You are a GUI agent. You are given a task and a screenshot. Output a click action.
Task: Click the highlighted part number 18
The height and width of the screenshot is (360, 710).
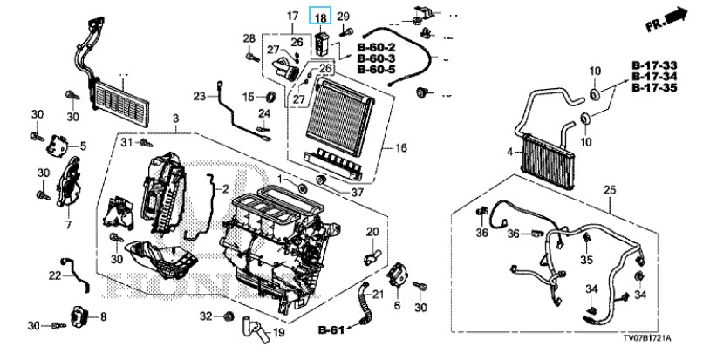click(x=321, y=17)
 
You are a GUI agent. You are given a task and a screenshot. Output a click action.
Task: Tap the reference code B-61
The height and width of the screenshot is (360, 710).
click(x=331, y=329)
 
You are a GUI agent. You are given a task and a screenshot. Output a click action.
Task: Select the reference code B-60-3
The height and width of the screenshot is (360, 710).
click(x=376, y=58)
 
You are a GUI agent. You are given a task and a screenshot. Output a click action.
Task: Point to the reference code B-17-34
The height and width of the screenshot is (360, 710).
click(x=655, y=77)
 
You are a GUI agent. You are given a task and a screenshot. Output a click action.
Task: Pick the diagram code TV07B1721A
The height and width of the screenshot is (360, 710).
click(x=645, y=338)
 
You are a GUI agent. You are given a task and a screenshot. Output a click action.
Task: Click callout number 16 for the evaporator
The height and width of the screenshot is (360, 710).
click(x=400, y=148)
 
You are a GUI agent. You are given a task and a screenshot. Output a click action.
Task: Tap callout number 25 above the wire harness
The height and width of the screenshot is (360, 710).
click(x=610, y=189)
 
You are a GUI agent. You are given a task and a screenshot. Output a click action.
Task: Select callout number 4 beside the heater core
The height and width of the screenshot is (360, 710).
click(x=510, y=153)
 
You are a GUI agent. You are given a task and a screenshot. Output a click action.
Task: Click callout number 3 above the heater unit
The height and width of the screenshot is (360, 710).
click(x=175, y=119)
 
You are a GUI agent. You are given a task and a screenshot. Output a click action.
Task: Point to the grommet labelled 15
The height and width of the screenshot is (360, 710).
click(x=271, y=97)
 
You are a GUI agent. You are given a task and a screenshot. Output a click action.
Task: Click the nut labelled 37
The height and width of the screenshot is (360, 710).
click(x=322, y=180)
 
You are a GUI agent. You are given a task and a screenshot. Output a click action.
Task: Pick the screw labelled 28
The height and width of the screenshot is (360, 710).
click(x=252, y=58)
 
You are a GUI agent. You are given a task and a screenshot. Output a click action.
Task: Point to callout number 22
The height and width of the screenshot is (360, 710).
click(x=55, y=275)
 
